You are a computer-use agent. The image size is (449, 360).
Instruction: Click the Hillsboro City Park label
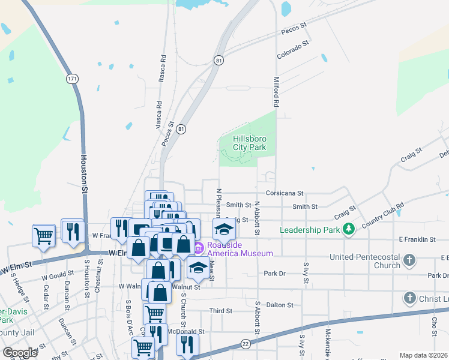point(249,143)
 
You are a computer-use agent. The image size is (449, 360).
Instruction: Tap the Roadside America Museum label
point(240,249)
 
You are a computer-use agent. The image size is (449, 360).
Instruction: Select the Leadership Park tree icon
point(348,229)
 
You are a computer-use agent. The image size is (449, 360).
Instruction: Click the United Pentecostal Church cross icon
point(409,260)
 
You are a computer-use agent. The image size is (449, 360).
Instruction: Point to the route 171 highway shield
point(72,79)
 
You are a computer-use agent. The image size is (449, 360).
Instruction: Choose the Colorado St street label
point(292,49)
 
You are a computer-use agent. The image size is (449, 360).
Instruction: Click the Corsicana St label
point(285,194)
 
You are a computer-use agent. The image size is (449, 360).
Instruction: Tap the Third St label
point(220,311)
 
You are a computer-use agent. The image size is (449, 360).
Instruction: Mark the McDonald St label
point(189,331)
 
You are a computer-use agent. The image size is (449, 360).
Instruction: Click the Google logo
point(20,353)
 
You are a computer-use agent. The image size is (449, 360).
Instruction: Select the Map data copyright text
point(423,355)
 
